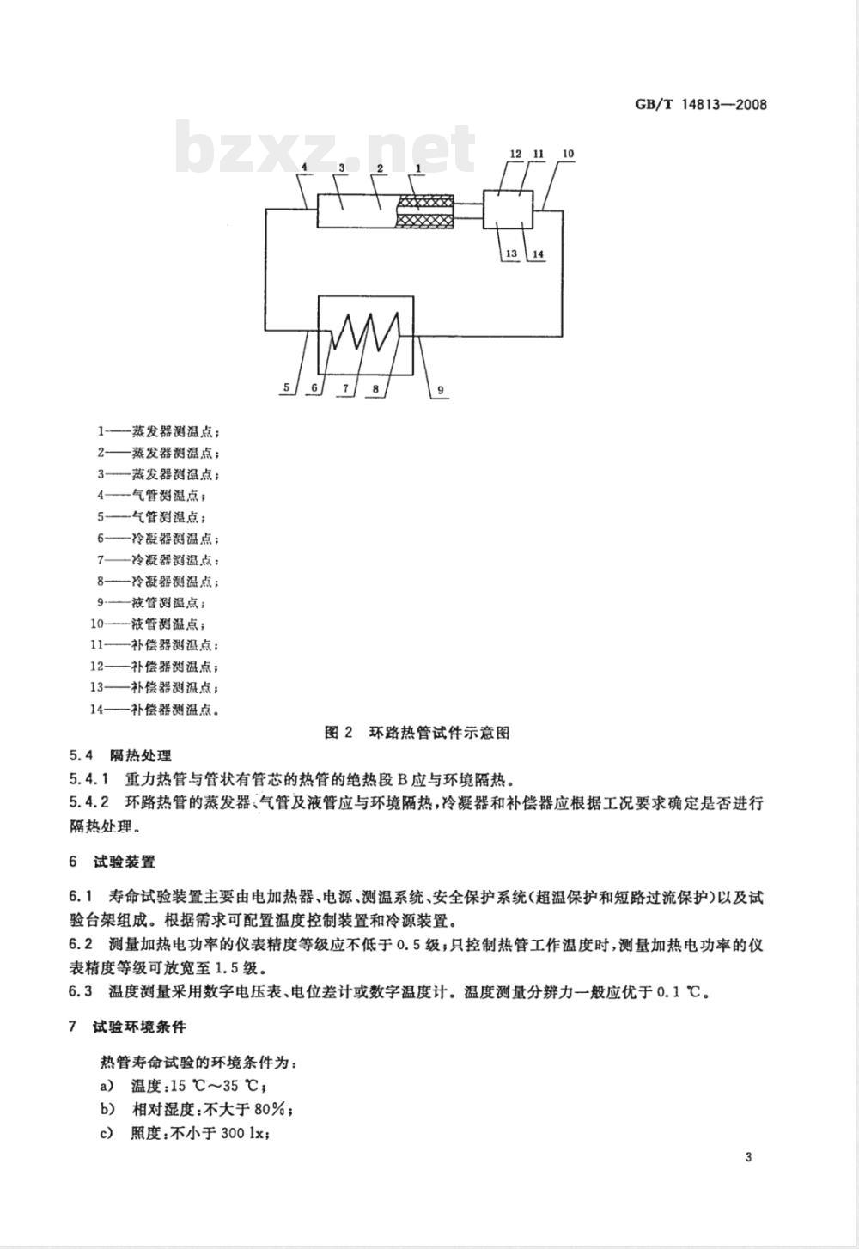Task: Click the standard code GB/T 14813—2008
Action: point(701,104)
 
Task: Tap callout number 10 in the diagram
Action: point(568,154)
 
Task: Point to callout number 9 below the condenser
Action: point(441,390)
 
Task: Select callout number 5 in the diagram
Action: point(287,387)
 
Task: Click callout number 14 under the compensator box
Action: point(539,254)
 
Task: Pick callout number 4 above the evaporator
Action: point(304,167)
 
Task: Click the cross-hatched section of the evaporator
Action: point(423,211)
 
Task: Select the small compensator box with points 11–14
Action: point(509,210)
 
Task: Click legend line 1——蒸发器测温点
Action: point(158,431)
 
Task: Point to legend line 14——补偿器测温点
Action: point(155,710)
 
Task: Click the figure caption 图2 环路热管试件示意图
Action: point(417,732)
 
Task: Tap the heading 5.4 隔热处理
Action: point(120,756)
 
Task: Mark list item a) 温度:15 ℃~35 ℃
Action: point(184,1086)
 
